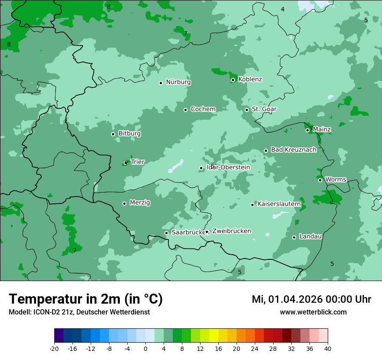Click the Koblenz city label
point(250,79)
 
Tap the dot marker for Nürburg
point(161,83)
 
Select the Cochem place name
point(203,109)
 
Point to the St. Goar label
point(264,109)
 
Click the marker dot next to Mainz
point(307,130)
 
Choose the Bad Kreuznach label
point(293,150)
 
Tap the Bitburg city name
point(129,134)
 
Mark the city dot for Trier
point(126,163)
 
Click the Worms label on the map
point(336,180)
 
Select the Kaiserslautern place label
point(279,204)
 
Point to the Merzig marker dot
point(124,203)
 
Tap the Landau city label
point(310,236)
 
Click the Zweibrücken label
point(231,231)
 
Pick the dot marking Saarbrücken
point(166,233)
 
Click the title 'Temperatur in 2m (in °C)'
point(86,299)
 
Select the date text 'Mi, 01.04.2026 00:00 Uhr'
point(311,299)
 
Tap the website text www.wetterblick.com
point(313,312)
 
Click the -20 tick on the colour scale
point(54,348)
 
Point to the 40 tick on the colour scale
point(328,348)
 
